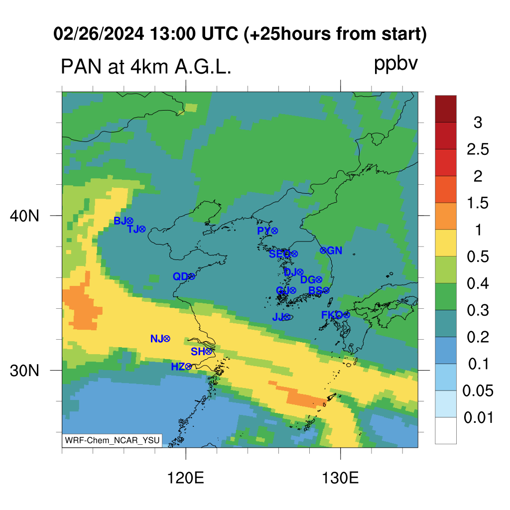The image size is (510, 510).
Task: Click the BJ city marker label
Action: tap(120, 221)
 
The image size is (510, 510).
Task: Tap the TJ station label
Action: tap(133, 229)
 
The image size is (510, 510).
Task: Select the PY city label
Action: tap(264, 231)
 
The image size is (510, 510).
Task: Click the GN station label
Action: tap(334, 251)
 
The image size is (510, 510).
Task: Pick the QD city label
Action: tap(180, 276)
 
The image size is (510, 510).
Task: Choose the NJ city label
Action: tap(157, 339)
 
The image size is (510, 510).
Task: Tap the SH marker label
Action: tap(198, 352)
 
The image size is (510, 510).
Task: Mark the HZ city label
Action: tap(178, 367)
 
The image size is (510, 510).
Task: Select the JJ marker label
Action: tap(278, 317)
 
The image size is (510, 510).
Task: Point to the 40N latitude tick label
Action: tap(24, 216)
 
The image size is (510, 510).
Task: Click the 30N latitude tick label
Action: tap(24, 371)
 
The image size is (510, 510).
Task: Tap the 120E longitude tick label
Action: tap(185, 478)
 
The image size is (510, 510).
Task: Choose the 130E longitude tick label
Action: tap(340, 478)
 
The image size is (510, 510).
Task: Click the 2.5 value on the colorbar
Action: tap(478, 149)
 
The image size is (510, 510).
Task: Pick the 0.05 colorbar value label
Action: tap(478, 390)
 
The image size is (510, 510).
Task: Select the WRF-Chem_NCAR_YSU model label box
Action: tap(112, 440)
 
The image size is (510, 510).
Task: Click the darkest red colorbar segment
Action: tap(446, 109)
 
